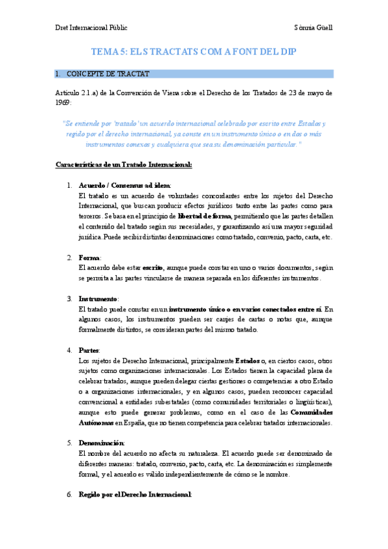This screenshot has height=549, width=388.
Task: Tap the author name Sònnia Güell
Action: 313,28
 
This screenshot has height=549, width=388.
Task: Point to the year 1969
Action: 63,102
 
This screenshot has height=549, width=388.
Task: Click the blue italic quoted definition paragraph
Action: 194,133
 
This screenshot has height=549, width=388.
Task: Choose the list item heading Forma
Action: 89,257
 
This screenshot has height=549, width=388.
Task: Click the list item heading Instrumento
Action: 98,298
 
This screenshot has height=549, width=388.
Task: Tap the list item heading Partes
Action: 89,350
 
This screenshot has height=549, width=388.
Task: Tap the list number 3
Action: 69,298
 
